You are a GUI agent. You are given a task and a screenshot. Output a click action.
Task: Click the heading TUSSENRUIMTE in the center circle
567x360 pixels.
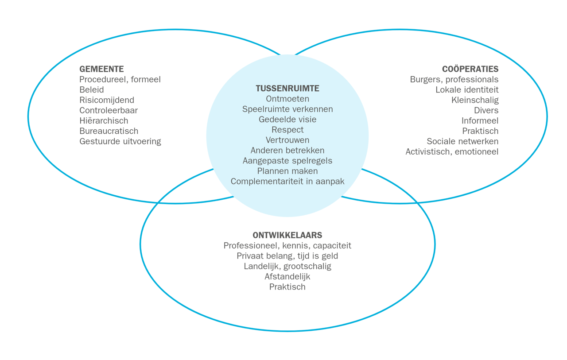(x=287, y=89)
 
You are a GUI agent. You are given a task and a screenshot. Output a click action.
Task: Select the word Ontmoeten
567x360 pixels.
(x=287, y=99)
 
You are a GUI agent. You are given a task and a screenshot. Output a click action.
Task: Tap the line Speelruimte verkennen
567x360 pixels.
(x=287, y=109)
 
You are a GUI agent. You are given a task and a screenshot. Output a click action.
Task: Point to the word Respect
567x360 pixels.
(x=287, y=130)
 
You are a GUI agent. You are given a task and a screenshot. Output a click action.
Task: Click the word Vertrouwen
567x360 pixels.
(x=287, y=140)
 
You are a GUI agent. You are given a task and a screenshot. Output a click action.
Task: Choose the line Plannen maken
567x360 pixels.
(x=287, y=171)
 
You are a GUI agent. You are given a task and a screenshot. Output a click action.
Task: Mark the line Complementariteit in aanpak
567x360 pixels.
(x=287, y=181)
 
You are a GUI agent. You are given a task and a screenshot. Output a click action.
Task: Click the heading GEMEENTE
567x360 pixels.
(x=101, y=69)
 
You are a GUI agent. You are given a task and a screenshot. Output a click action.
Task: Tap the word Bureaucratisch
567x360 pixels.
(x=109, y=131)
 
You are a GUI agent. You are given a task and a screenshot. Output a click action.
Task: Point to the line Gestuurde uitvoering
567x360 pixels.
(x=120, y=142)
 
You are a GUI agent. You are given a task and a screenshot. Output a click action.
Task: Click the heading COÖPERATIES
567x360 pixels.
(x=470, y=69)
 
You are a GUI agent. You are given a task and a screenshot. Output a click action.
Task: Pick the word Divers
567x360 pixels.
(x=486, y=111)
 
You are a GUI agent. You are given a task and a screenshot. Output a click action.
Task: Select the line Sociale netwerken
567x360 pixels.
(x=462, y=142)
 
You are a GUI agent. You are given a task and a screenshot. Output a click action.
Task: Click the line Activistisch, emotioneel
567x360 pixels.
(x=452, y=152)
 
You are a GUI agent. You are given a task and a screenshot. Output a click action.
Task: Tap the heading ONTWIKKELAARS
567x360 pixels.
(x=287, y=235)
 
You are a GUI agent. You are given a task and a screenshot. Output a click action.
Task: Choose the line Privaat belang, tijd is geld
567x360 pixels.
(x=287, y=256)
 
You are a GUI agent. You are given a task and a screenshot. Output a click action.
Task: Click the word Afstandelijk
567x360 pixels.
(x=287, y=277)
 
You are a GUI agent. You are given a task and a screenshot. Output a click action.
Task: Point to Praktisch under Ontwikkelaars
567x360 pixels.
(x=287, y=287)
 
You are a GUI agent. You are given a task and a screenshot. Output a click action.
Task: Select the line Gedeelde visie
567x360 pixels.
(x=287, y=120)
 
